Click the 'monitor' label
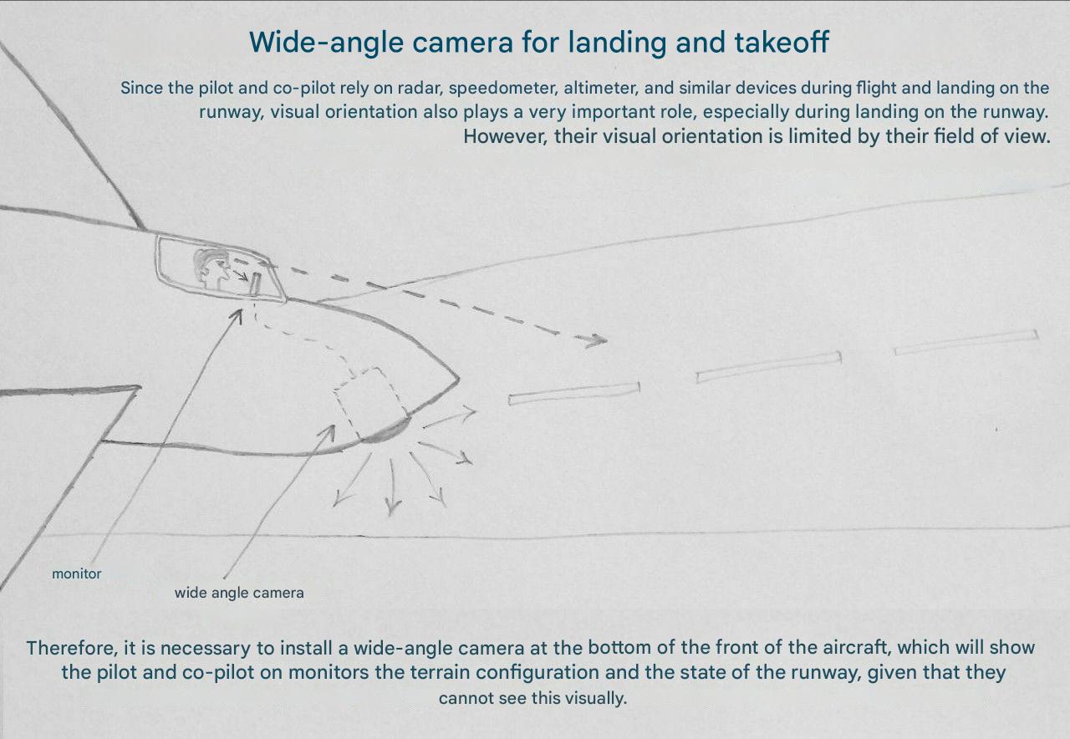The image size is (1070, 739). pos(76,573)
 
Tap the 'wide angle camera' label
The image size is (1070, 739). pos(239,593)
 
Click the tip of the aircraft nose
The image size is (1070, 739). pos(459,380)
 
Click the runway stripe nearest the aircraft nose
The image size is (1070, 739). pos(573,394)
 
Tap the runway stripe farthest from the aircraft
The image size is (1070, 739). pos(966,342)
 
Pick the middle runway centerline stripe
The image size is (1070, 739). pos(768,367)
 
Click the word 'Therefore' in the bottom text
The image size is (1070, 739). pos(72,648)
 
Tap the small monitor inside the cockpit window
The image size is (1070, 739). pos(255,283)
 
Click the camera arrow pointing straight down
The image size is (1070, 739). pos(393,487)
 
